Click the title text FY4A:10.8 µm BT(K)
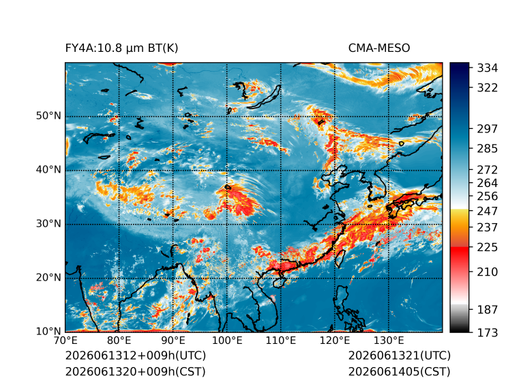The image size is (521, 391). tap(121, 48)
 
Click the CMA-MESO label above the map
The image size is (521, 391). tap(379, 48)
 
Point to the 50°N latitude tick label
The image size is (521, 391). tap(48, 116)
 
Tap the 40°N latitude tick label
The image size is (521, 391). tap(48, 169)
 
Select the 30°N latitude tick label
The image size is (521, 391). tap(48, 223)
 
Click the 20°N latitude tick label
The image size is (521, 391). tap(48, 277)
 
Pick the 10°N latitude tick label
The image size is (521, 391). tap(48, 331)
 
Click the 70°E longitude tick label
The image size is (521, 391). tap(65, 341)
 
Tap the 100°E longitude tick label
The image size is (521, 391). tap(227, 341)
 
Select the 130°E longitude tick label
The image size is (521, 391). tap(389, 341)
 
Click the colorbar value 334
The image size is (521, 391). tap(488, 68)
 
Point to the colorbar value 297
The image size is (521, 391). tap(488, 129)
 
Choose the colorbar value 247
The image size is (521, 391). tap(488, 211)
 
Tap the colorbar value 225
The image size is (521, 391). tap(488, 247)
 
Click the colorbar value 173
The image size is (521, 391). tap(488, 332)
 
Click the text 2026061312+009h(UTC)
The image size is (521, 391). tap(136, 356)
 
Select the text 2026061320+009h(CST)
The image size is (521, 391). tap(135, 372)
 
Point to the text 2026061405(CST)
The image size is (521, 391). tap(400, 372)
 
